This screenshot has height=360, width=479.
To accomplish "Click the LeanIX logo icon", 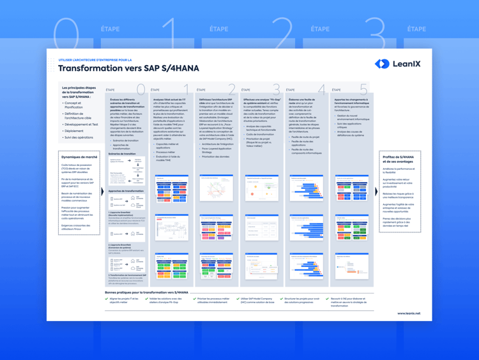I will [x=382, y=63].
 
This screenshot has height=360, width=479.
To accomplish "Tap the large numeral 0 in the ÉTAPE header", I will [x=141, y=90].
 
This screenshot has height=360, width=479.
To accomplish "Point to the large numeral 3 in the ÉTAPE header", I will [x=276, y=90].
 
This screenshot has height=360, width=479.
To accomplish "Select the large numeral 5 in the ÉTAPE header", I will [x=363, y=90].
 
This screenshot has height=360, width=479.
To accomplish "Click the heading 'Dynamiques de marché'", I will [x=79, y=156].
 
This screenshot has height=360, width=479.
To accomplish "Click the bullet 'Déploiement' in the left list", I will [x=74, y=131].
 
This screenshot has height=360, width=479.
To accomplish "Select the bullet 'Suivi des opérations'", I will [x=79, y=137].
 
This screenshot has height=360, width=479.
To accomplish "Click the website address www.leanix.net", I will [x=409, y=313].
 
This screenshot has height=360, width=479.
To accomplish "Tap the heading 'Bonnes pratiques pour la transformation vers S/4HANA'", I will [x=146, y=292].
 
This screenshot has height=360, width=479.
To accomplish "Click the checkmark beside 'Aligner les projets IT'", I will [x=107, y=299].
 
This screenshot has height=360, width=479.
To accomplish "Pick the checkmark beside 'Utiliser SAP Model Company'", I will [x=238, y=299].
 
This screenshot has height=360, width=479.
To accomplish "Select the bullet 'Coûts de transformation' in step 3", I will [x=260, y=134].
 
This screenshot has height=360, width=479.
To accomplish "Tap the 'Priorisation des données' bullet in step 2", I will [x=217, y=156].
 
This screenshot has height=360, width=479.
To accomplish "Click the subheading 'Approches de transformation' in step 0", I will [x=126, y=191].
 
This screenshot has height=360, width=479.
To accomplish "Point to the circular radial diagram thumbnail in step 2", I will [x=216, y=190].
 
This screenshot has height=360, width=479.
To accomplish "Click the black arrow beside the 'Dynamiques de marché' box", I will [x=102, y=191].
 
